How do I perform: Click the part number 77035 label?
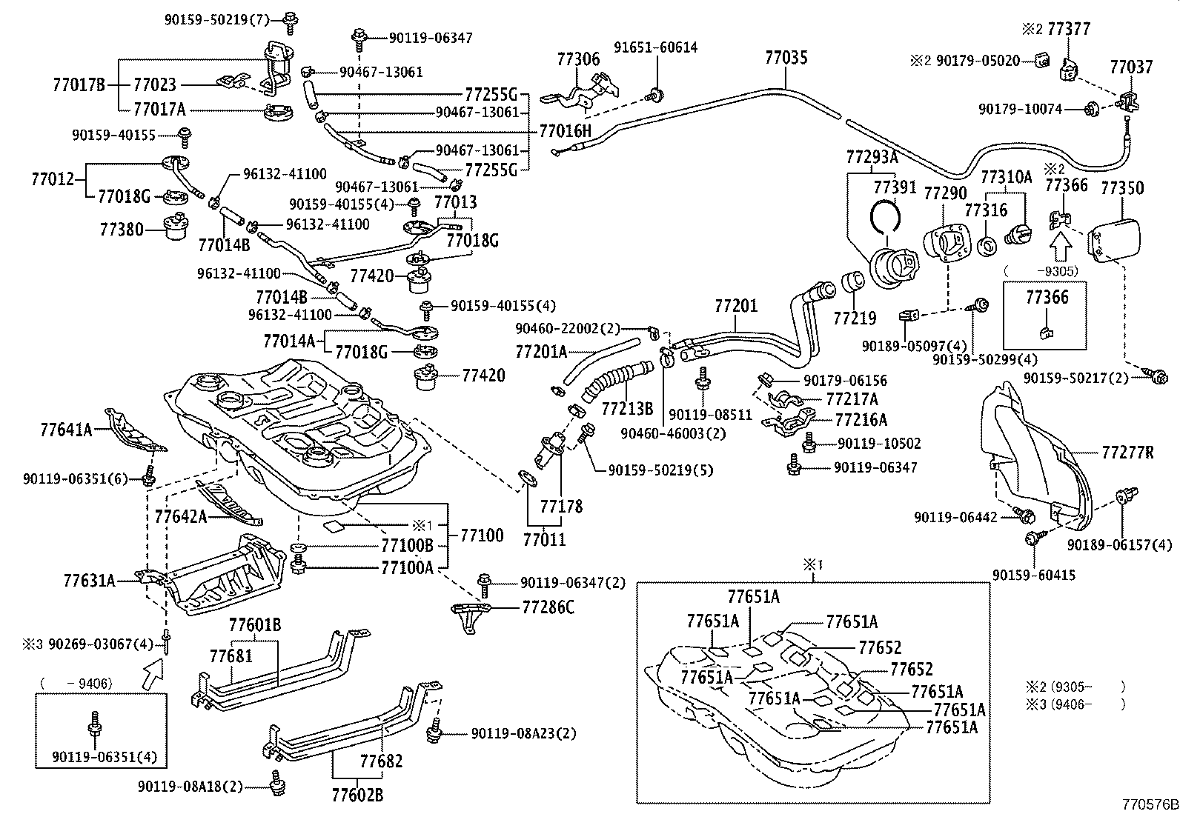[x=786, y=58]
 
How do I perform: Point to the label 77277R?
[x=1127, y=452]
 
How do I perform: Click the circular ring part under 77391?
[x=885, y=217]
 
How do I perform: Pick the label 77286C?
[x=548, y=607]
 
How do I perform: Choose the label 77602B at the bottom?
[x=357, y=795]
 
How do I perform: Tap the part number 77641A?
[x=66, y=428]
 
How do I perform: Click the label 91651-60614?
[x=655, y=47]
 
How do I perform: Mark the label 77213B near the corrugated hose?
[x=627, y=408]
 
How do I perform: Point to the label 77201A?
[x=540, y=351]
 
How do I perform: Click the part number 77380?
[x=122, y=230]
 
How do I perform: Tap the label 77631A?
[x=90, y=580]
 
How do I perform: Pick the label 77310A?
[x=1007, y=177]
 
